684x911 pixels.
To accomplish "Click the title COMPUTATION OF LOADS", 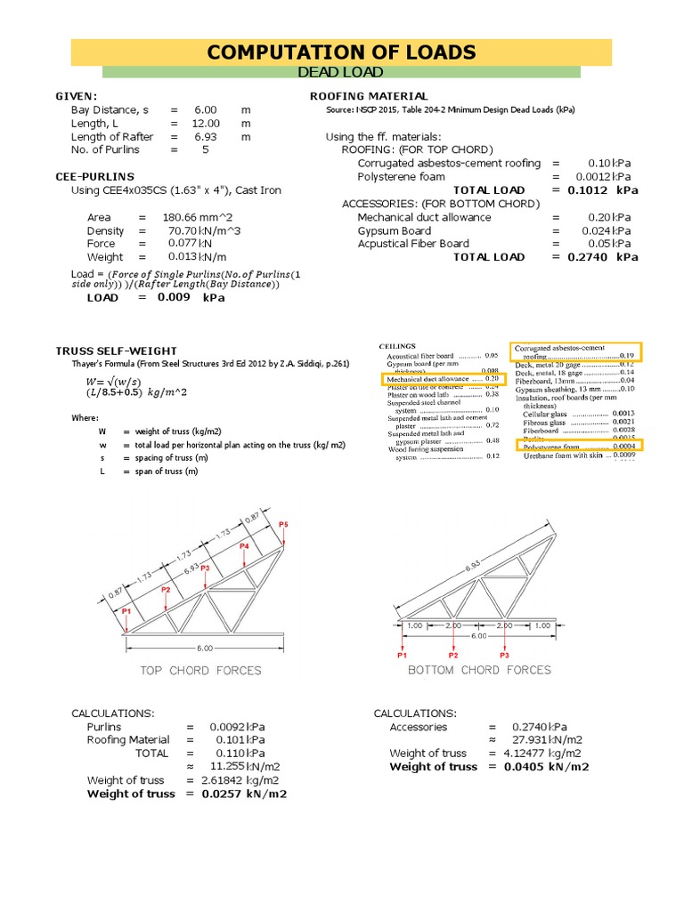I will point(341,52).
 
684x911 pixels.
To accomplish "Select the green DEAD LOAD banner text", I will point(341,72).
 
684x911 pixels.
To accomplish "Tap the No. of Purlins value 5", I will point(206,149).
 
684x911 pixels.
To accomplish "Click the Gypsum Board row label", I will point(394,230).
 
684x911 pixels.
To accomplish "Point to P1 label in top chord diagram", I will point(126,612).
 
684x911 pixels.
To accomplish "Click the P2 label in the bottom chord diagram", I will point(453,655).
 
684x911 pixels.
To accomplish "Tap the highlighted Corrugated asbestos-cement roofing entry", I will point(576,351).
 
